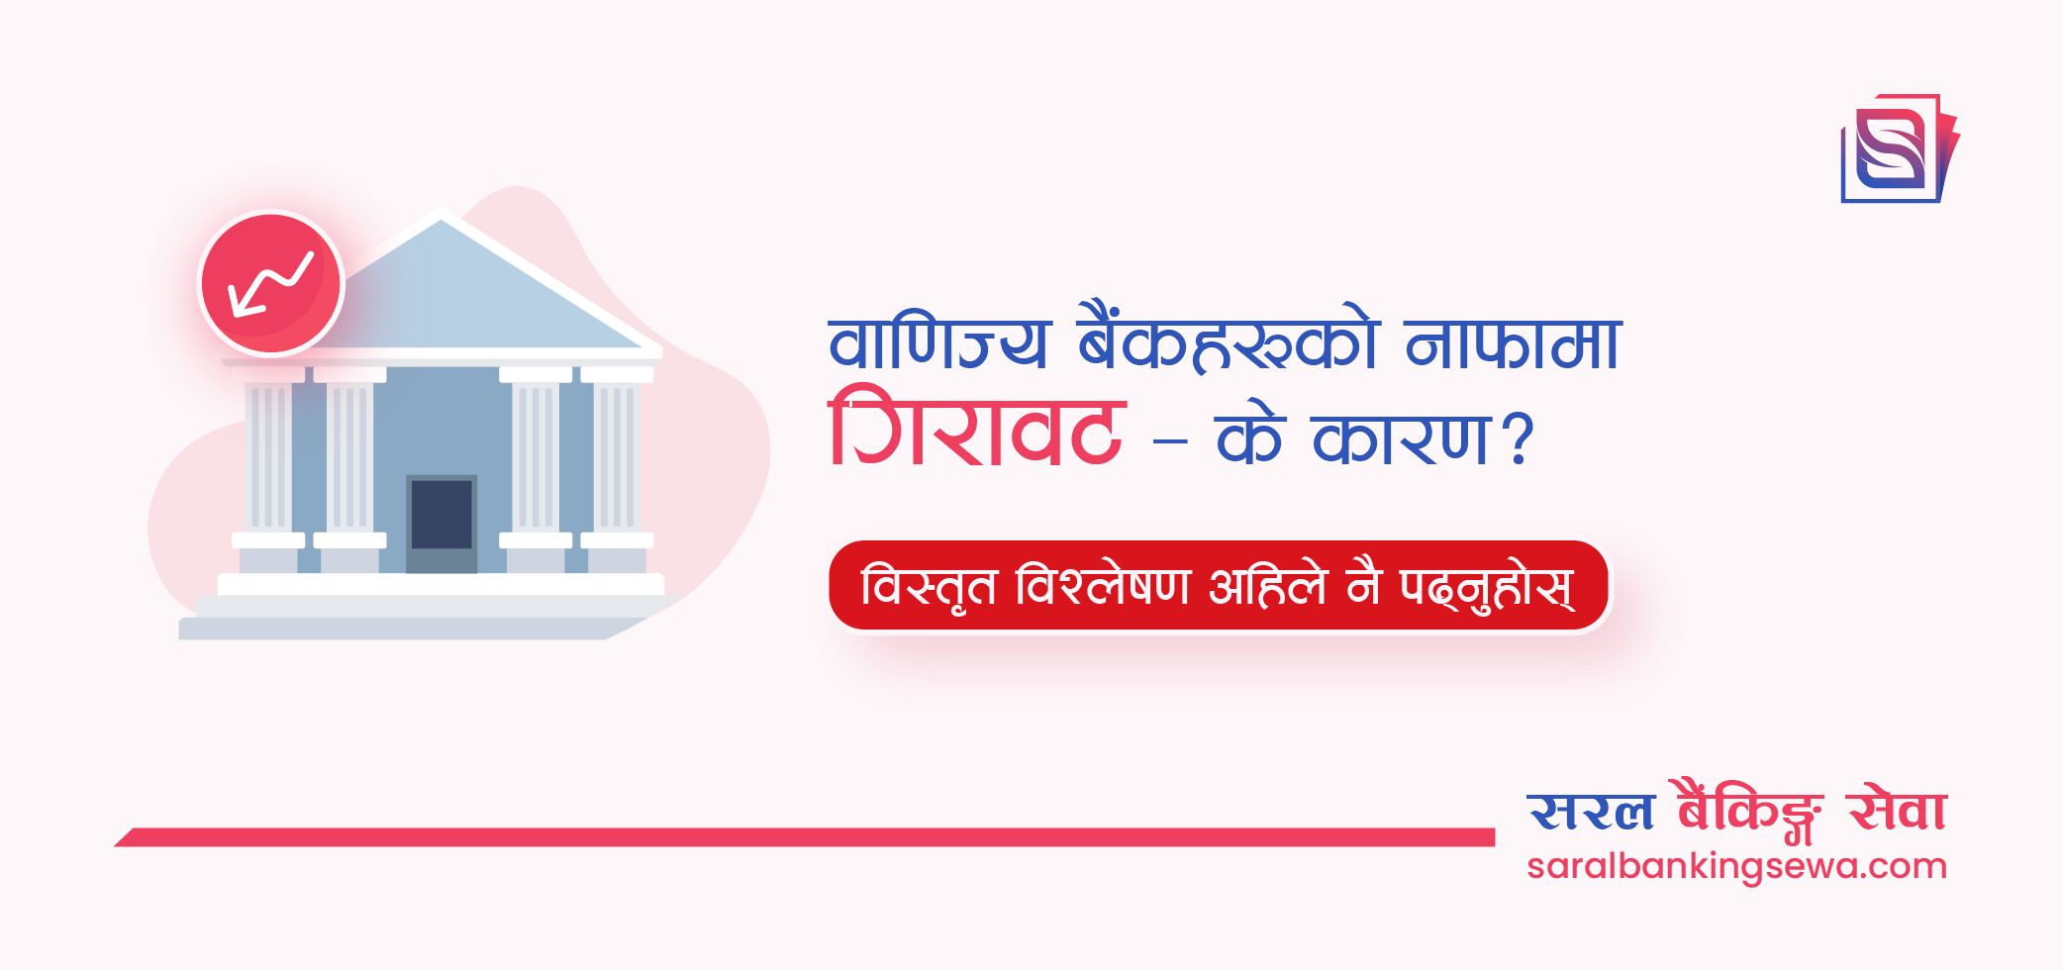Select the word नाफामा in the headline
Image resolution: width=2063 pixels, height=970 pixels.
point(1513,343)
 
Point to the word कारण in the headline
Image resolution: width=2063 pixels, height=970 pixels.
point(1402,438)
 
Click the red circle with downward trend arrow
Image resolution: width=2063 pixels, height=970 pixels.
point(271,283)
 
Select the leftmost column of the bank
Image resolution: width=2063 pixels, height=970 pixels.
point(268,455)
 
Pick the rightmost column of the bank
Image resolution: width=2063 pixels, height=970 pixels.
point(617,455)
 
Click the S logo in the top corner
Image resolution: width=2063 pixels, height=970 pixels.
point(1897,148)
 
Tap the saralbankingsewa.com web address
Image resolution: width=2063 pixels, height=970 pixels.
point(1736,867)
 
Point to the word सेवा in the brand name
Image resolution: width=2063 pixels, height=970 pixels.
point(1897,811)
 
